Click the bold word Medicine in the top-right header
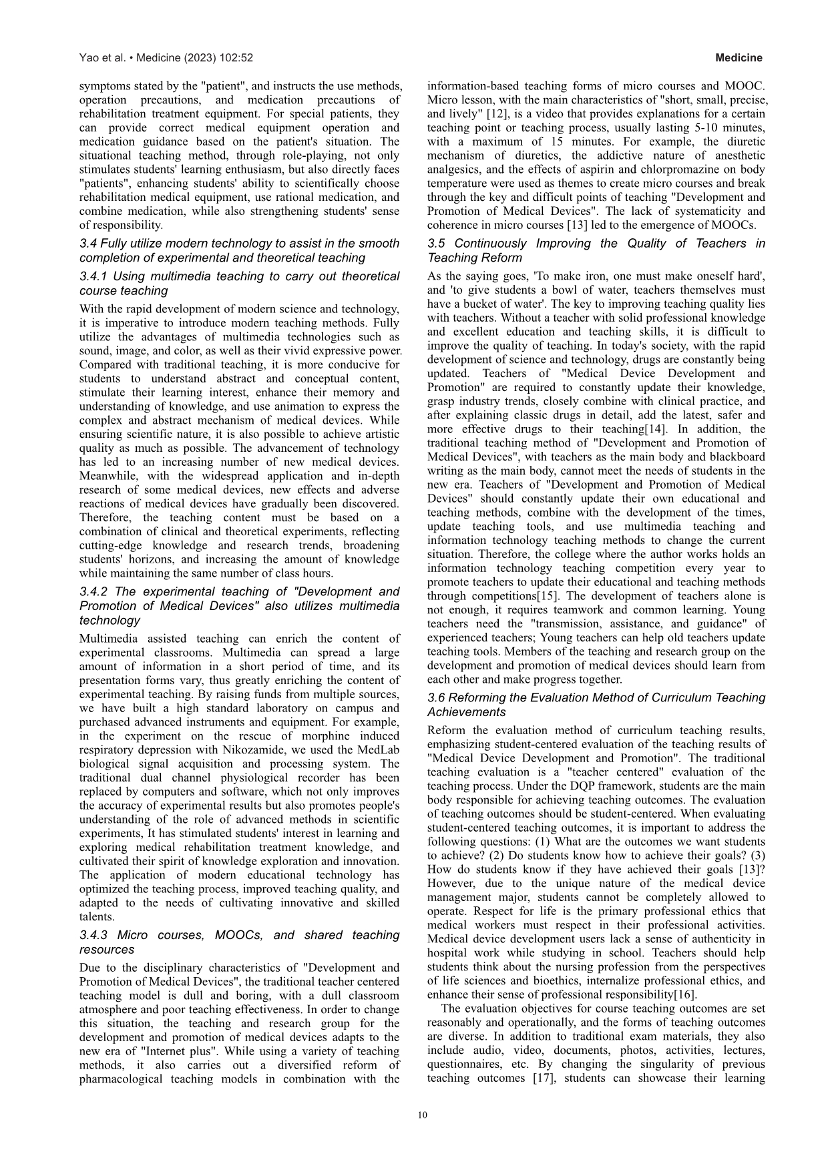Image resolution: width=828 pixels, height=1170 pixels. point(739,58)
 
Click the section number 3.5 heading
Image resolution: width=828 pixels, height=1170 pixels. point(437,244)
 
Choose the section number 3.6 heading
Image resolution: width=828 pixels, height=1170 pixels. point(437,697)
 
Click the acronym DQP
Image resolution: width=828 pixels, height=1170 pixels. point(546,786)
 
